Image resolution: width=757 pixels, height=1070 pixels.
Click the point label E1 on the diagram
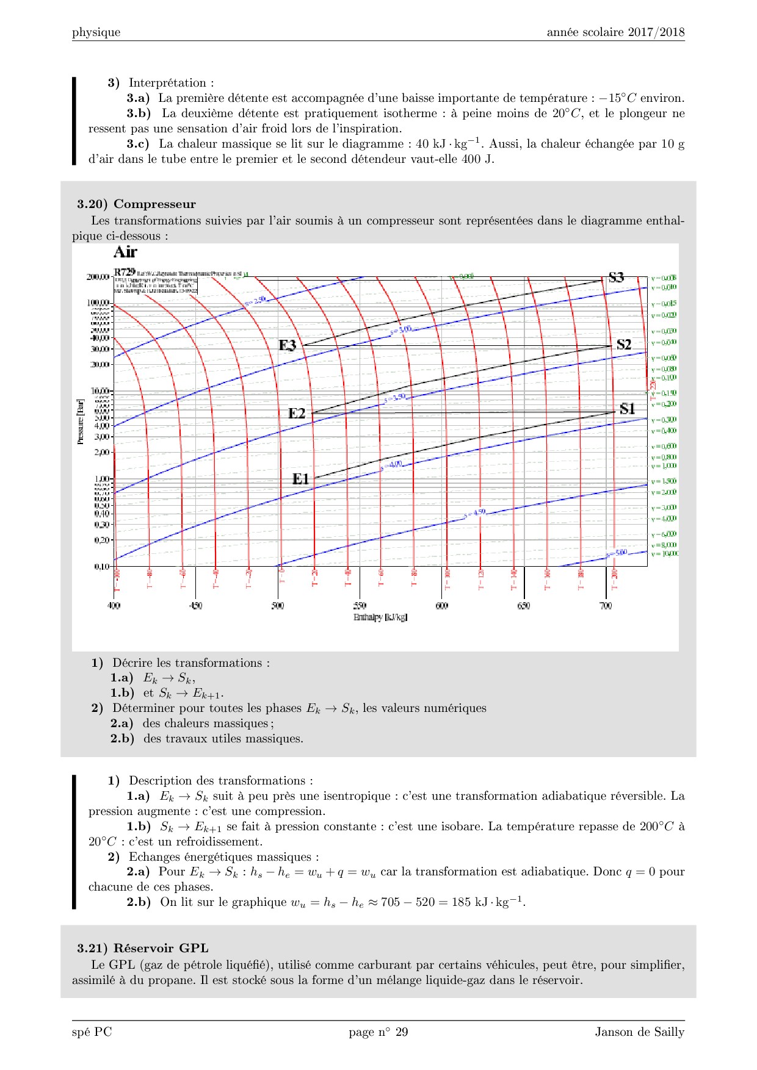tap(300, 479)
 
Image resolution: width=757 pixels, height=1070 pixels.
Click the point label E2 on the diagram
tap(297, 414)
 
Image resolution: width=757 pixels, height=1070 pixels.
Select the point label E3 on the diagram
tap(288, 345)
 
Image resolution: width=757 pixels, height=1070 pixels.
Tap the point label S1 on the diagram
tap(628, 409)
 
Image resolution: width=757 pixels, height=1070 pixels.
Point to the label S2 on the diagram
tap(624, 345)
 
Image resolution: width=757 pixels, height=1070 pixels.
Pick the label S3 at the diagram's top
tap(617, 278)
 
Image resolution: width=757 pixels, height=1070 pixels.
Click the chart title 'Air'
tap(125, 252)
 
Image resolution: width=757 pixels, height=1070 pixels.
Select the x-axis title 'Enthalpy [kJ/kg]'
tap(380, 617)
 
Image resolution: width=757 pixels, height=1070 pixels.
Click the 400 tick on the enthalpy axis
tap(114, 606)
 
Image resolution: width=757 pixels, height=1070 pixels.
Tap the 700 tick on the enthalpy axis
tap(605, 606)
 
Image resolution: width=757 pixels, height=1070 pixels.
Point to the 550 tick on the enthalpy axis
tap(360, 606)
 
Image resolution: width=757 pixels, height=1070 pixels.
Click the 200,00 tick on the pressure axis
tap(98, 277)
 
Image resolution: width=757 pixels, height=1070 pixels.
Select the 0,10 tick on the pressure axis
tap(101, 567)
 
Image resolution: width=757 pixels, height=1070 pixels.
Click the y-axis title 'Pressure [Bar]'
tap(80, 422)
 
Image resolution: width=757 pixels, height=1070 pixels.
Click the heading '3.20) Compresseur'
tap(136, 204)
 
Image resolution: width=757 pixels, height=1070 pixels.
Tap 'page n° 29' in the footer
tap(378, 1032)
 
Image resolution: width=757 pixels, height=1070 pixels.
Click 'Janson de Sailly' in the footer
tap(640, 1032)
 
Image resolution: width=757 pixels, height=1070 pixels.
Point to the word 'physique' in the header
tap(96, 32)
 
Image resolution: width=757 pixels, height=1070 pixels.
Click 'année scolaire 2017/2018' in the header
tap(615, 32)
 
